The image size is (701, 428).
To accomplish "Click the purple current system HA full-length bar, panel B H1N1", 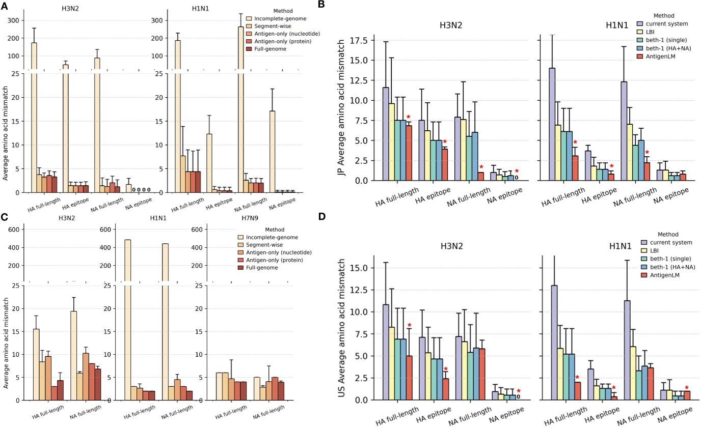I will click(552, 124).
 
